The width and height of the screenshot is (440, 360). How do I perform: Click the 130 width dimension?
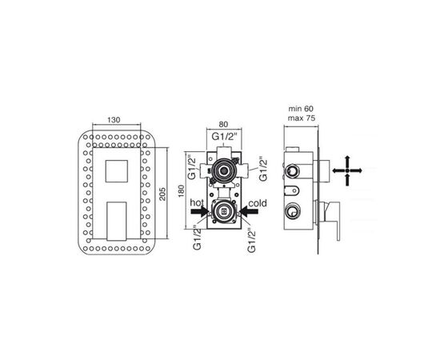pos(114,120)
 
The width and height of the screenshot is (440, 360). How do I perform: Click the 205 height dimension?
pos(163,194)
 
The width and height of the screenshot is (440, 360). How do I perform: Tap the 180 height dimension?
pos(182,191)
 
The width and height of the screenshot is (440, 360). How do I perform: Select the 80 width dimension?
pos(223,124)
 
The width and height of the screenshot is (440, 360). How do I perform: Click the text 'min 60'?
pos(301,109)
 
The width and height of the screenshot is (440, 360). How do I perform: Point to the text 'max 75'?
pos(302,118)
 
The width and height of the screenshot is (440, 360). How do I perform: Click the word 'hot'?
pos(197,202)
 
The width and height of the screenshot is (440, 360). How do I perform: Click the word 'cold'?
pos(258,203)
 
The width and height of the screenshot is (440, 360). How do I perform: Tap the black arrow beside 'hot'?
pos(199,211)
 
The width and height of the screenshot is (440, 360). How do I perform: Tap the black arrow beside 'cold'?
pos(249,211)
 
